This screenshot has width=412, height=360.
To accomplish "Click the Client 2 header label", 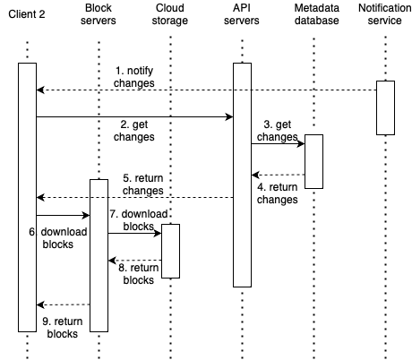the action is pyautogui.click(x=27, y=14).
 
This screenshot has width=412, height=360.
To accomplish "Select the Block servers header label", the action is pyautogui.click(x=99, y=14).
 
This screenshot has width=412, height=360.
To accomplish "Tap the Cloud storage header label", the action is pyautogui.click(x=170, y=14).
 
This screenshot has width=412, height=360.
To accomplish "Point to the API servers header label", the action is pyautogui.click(x=242, y=14).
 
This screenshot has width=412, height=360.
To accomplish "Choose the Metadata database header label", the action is pyautogui.click(x=317, y=14).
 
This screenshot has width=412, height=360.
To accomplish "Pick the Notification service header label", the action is pyautogui.click(x=385, y=14).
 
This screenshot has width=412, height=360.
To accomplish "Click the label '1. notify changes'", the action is pyautogui.click(x=134, y=77).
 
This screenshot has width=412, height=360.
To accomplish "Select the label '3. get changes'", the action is pyautogui.click(x=278, y=131).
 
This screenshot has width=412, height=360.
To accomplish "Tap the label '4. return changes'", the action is pyautogui.click(x=278, y=193).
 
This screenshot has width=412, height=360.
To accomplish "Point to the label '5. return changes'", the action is pyautogui.click(x=143, y=184).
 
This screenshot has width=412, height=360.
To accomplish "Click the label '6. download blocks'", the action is pyautogui.click(x=58, y=238).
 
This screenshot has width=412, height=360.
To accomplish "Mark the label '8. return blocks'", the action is pyautogui.click(x=139, y=274).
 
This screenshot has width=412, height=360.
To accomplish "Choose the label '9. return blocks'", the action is pyautogui.click(x=63, y=328).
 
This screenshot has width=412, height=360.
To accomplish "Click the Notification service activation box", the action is pyautogui.click(x=385, y=107).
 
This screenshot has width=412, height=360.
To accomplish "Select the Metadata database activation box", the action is pyautogui.click(x=313, y=161).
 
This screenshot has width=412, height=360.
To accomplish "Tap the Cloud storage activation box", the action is pyautogui.click(x=170, y=251).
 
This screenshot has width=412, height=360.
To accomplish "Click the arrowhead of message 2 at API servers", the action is pyautogui.click(x=229, y=116).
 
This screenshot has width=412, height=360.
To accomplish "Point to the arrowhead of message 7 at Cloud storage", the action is pyautogui.click(x=158, y=233).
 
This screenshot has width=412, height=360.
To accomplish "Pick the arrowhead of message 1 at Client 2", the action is pyautogui.click(x=40, y=90).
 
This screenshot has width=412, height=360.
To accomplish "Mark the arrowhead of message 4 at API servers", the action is pyautogui.click(x=255, y=175).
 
